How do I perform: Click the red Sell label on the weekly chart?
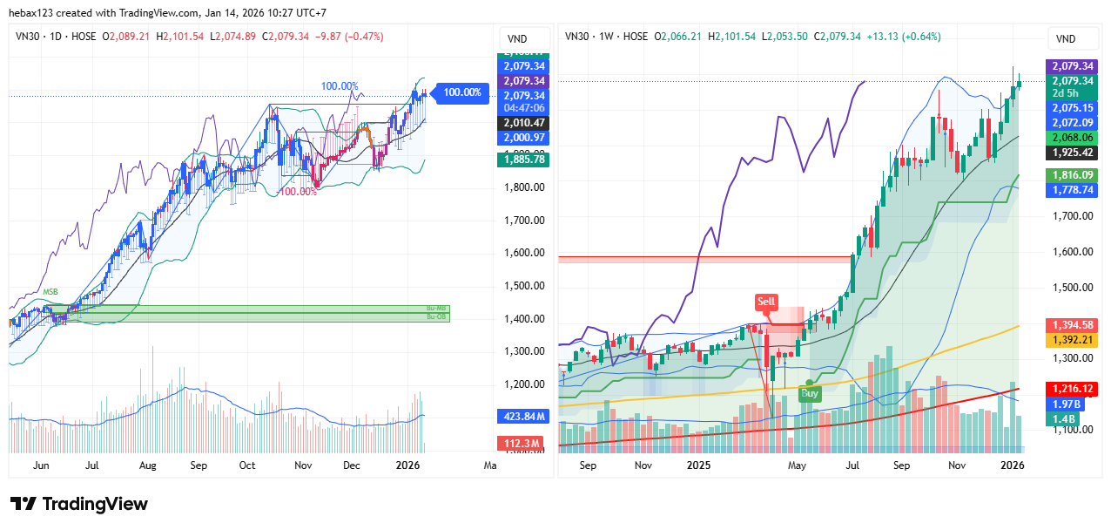click(766, 302)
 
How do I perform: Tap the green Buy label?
click(809, 394)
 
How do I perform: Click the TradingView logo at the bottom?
click(79, 504)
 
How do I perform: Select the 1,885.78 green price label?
click(522, 160)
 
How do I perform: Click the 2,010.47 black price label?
click(522, 123)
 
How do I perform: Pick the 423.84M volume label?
click(522, 416)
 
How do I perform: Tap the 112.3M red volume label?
click(522, 443)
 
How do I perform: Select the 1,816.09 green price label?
click(1073, 175)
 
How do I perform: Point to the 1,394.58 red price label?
click(1073, 325)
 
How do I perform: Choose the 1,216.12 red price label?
click(1073, 389)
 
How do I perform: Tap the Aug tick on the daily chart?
click(148, 466)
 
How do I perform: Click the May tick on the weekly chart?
click(798, 466)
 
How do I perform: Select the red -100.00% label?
click(298, 192)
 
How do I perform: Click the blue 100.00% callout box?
click(461, 92)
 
